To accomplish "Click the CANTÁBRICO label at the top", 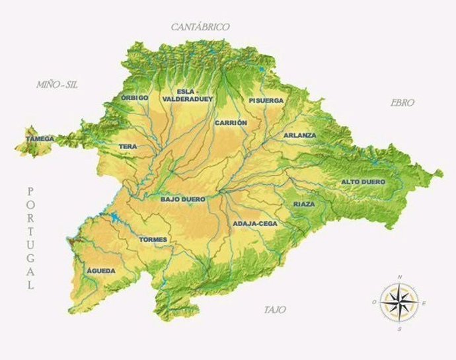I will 200,27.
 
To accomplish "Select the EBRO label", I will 402,103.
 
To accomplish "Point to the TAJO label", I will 275,310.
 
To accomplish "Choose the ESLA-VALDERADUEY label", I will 195,96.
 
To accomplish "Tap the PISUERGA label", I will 266,100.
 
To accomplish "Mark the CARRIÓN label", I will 231,123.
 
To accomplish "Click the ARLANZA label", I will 300,135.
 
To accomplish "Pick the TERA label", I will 128,147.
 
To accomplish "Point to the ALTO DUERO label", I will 363,182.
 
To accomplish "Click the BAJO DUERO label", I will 183,199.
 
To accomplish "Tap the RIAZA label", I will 304,204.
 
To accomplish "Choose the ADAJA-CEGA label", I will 255,224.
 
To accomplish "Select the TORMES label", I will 153,239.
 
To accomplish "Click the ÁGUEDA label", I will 101,271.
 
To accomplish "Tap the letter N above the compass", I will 399,277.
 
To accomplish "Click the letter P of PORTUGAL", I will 30,191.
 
